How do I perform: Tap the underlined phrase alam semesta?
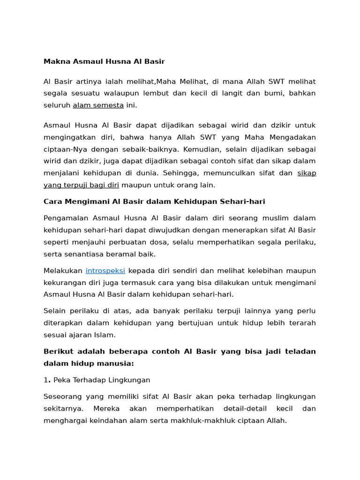tap(98, 105)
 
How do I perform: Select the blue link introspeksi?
tap(105, 271)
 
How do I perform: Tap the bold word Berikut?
tap(58, 352)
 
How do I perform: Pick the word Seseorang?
tap(64, 397)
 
